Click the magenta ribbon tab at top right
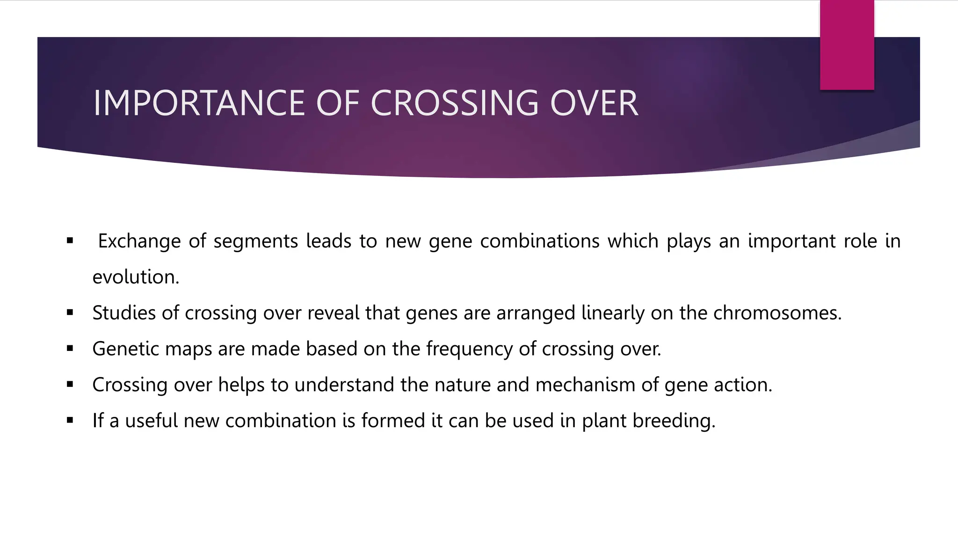coord(847,45)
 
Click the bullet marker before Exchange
coord(70,241)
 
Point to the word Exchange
coord(139,241)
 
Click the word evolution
coord(136,277)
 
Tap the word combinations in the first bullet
coord(539,241)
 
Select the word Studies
coord(123,313)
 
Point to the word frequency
coord(469,349)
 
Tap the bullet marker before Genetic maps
coord(70,349)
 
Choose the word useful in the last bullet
coord(152,421)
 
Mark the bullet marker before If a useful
coord(70,420)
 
